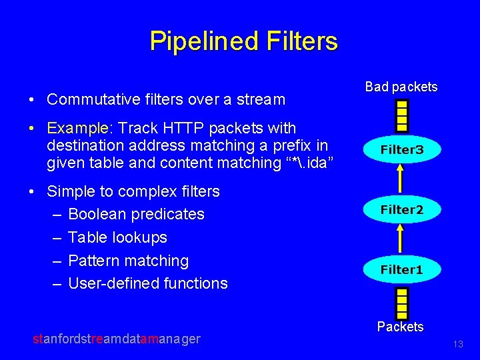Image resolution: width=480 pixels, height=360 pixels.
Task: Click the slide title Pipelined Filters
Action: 243,41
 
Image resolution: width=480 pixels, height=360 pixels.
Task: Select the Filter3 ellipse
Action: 401,150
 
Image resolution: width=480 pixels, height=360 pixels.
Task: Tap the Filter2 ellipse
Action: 401,210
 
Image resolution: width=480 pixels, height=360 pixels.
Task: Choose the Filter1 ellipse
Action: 401,270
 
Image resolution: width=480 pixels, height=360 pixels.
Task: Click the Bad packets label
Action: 401,87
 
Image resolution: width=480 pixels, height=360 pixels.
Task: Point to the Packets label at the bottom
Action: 400,327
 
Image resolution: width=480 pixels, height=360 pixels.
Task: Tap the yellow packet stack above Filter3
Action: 401,115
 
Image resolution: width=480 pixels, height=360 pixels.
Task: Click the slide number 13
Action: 457,344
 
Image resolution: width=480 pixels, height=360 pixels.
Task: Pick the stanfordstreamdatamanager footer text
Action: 117,339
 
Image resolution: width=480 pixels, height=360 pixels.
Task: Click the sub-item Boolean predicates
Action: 136,214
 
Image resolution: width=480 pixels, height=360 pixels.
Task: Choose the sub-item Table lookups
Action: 117,237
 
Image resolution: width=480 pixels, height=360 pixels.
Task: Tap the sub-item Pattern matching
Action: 128,261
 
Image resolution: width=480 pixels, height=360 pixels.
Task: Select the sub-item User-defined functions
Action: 147,283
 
